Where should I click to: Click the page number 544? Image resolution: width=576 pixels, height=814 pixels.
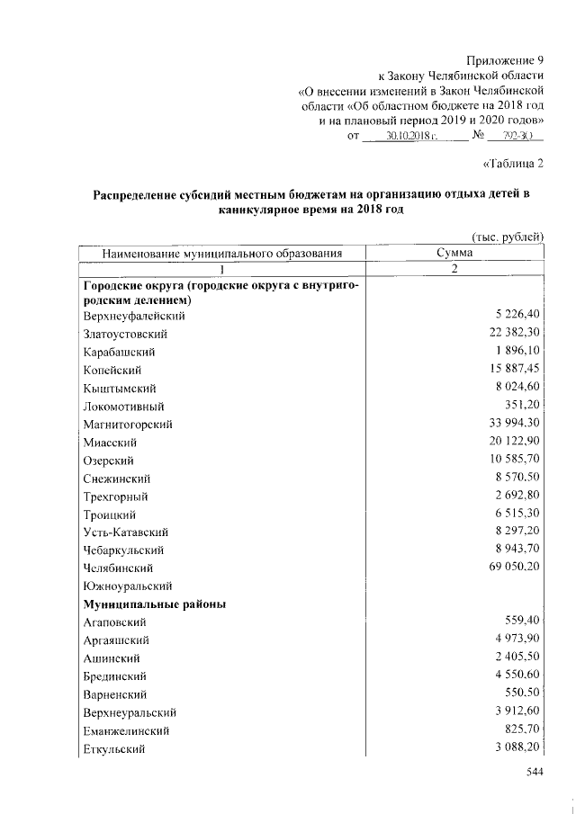pos(535,774)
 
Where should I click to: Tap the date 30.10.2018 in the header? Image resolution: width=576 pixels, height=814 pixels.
pos(410,137)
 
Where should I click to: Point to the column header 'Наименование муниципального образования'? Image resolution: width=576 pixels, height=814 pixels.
pos(222,254)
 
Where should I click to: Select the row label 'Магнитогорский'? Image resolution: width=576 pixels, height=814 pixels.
pos(127,424)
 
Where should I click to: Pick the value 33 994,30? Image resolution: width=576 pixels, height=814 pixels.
pos(508,424)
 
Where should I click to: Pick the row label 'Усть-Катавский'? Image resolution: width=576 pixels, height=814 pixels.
pos(125,532)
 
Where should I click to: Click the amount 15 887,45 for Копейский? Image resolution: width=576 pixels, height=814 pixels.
pos(508,370)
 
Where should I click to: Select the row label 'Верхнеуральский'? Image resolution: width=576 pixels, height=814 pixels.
pos(129,712)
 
